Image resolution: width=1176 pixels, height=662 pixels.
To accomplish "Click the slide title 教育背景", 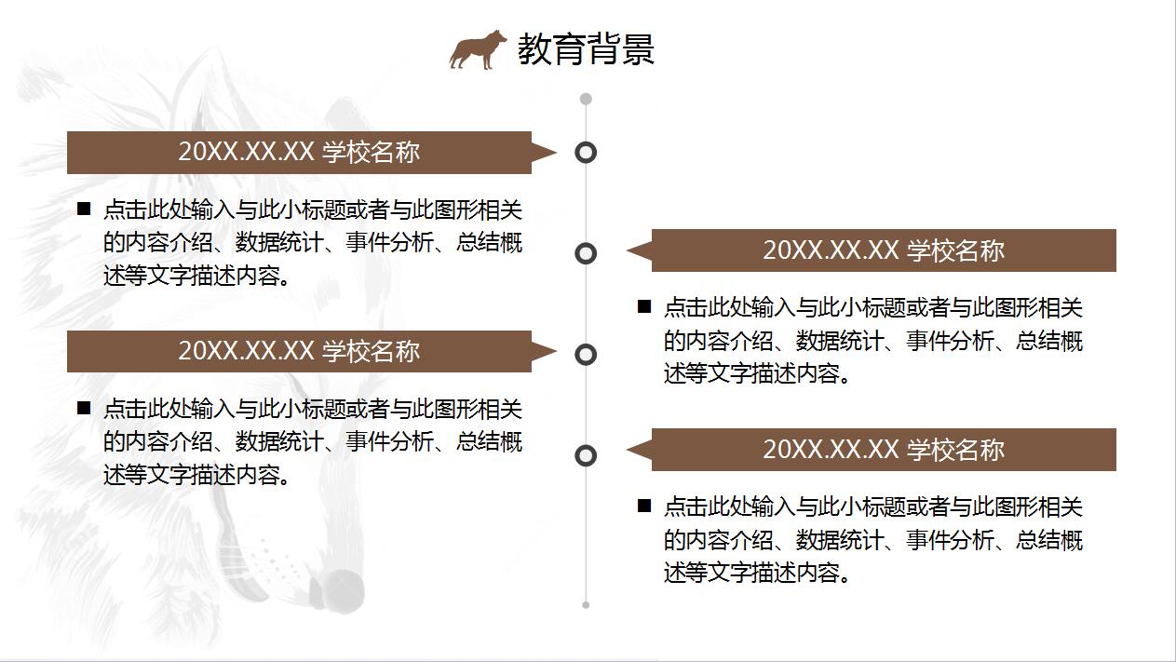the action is point(586,48).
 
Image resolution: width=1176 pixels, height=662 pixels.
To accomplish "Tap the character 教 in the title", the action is point(534,48).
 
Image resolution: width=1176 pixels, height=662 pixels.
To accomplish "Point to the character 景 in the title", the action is point(638,48).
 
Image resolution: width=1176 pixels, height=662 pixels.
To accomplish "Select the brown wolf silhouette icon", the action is point(478,49).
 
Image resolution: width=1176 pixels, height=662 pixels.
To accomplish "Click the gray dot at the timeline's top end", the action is point(586,100).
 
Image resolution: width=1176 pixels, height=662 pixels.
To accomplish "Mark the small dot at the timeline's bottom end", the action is point(586,605).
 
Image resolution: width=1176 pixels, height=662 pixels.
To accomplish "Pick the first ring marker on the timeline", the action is point(586,153).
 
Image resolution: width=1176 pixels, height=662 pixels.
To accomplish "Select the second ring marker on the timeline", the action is point(586,253).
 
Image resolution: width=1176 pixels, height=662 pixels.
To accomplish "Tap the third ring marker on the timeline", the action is point(586,355).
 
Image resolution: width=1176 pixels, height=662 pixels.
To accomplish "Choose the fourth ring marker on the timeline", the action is point(586,455).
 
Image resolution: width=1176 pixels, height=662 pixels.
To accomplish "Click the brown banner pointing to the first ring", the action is point(311,153).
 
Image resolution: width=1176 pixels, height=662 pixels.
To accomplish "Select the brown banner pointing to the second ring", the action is point(872,250).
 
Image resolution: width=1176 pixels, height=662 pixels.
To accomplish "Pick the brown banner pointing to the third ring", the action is point(311,351).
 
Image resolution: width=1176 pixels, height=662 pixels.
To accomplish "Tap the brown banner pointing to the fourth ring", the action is point(872,450).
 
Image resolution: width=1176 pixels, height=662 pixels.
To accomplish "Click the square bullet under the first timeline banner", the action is point(84,209).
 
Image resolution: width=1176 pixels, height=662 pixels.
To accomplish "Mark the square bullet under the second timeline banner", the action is point(644,306).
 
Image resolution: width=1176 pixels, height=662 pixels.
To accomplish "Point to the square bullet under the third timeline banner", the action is point(84,408).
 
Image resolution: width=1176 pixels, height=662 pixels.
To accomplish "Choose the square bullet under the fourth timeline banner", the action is point(644,506).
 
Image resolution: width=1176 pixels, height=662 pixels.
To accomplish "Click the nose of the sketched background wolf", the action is point(341,590).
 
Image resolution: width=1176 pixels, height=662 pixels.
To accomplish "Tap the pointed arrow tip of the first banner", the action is point(556,153).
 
